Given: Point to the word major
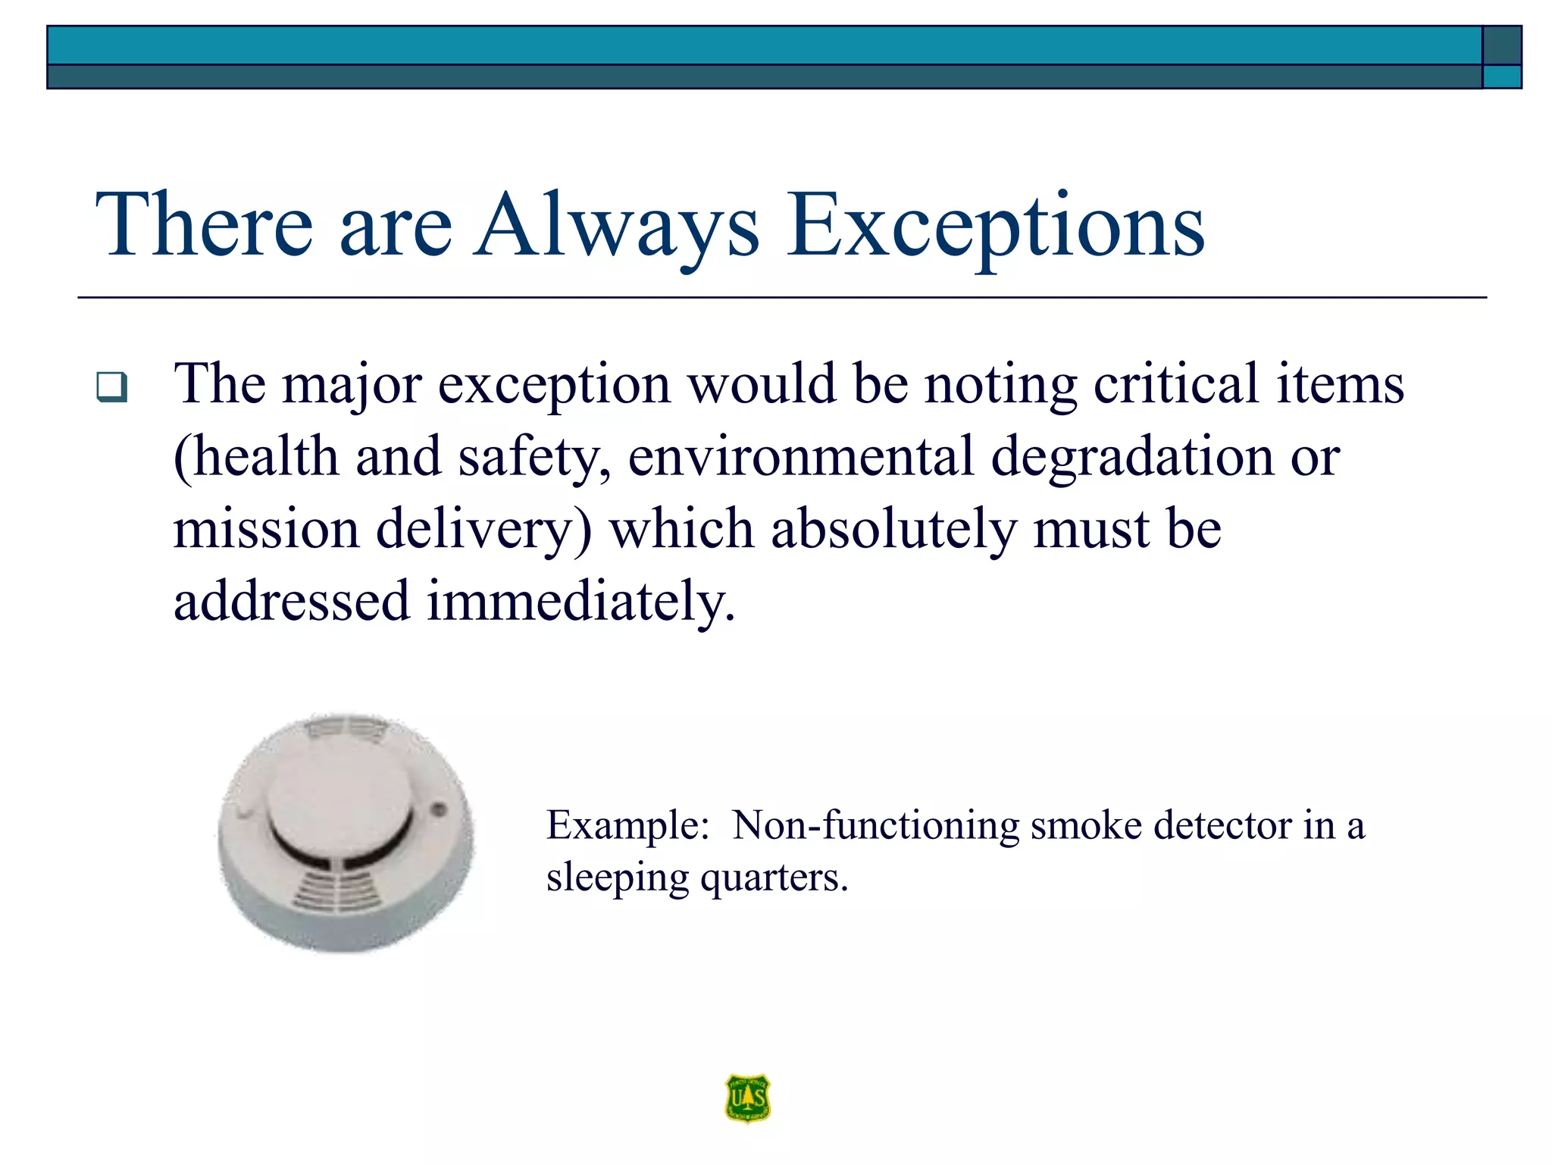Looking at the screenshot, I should coord(351,384).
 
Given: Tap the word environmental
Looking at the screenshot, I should coord(800,457).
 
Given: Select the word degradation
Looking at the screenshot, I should coord(1132,457).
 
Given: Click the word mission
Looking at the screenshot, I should coord(266,529).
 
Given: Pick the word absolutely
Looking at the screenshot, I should coord(893,529).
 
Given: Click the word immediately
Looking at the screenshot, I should coord(580,601).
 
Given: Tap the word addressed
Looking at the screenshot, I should coord(292,601).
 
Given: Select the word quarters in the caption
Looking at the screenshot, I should coord(773,878).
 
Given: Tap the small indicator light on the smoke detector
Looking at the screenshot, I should coord(437,810).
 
